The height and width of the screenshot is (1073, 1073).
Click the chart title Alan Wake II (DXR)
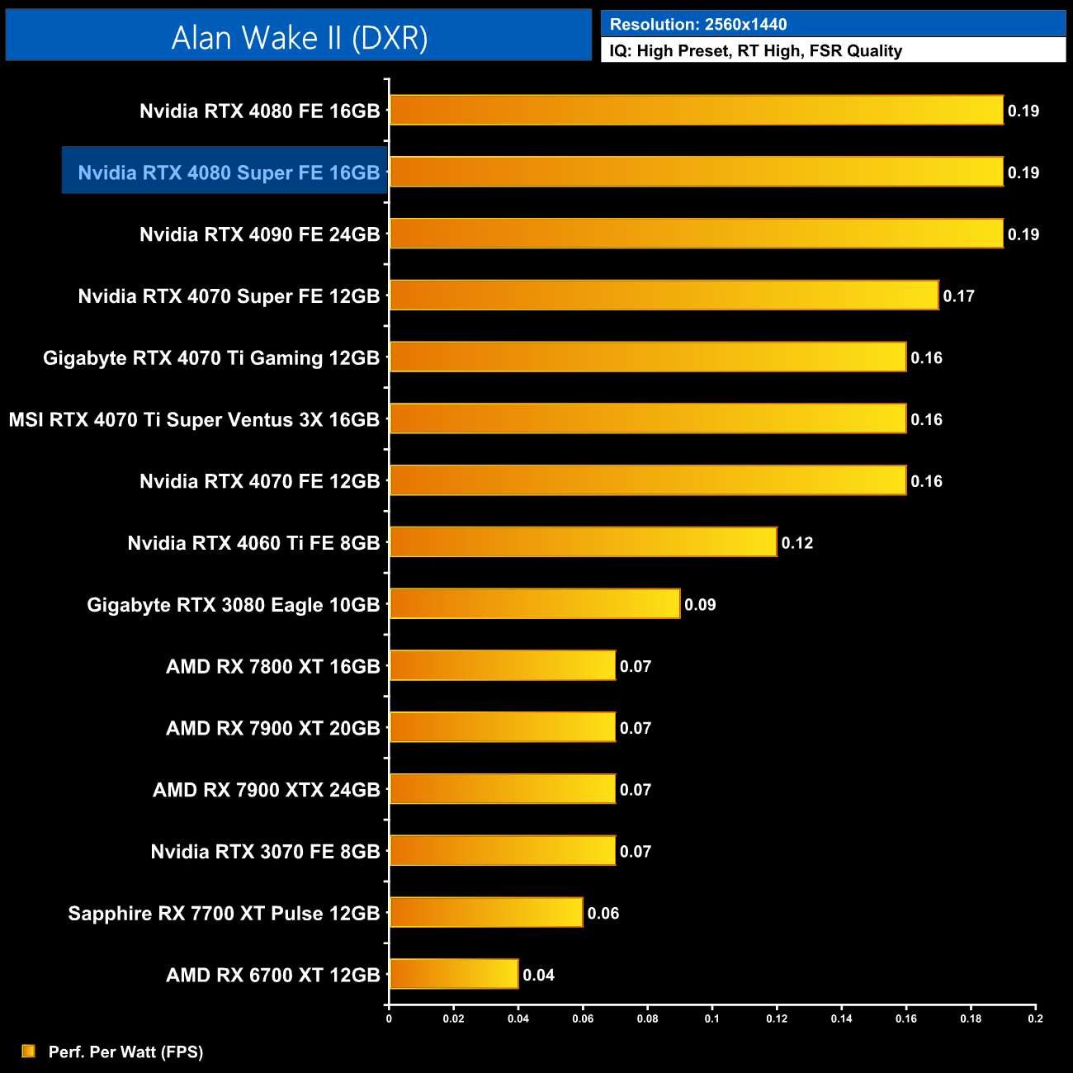(299, 38)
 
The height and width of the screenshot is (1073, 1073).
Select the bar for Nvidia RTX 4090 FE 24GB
(696, 234)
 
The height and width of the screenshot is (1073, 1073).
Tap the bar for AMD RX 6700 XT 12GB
(454, 974)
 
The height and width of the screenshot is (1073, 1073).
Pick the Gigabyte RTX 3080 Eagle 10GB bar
(535, 604)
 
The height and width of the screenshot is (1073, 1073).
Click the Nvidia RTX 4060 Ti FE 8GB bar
(583, 542)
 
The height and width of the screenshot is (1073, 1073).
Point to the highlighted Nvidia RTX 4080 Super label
(229, 173)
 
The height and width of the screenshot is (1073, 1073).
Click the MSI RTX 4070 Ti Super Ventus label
(194, 419)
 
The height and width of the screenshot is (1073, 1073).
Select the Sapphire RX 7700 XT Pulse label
(224, 913)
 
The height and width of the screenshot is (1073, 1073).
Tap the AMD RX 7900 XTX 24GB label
(266, 790)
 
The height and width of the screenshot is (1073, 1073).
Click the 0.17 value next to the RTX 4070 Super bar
(958, 295)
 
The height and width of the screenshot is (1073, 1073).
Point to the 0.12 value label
(797, 542)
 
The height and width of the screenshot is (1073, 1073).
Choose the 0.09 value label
(700, 604)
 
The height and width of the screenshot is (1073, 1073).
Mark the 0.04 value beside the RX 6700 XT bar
(538, 975)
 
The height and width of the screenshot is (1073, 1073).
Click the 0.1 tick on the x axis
(711, 1019)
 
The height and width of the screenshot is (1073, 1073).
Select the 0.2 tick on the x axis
(1035, 1019)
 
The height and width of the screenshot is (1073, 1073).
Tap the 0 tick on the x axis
(389, 1019)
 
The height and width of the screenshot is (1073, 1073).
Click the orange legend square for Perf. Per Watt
(28, 1051)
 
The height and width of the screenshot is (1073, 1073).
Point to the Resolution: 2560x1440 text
(697, 25)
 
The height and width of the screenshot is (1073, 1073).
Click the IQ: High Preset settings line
(755, 51)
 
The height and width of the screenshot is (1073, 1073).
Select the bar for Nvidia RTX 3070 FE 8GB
(502, 851)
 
